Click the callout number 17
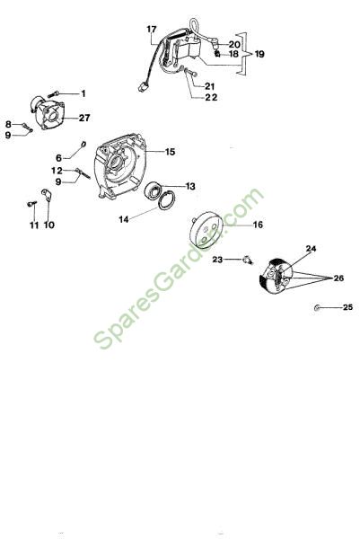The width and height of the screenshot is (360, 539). coord(152,30)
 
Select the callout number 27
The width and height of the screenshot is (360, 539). coord(84,118)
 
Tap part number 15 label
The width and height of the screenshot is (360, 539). coord(170,152)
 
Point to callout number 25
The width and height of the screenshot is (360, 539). coord(348,307)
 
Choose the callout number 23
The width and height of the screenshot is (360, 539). coord(217,260)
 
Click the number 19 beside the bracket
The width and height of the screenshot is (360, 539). coord(259,54)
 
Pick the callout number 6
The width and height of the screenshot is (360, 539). coord(58,158)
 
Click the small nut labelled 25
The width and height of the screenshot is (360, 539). coord(317,307)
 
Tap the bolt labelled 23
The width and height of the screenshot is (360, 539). coord(248,260)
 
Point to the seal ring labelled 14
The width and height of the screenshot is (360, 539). coord(167,200)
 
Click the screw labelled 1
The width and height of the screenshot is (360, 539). coord(54,93)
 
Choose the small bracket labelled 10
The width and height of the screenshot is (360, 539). coord(47,195)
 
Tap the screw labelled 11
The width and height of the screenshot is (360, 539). coord(32,204)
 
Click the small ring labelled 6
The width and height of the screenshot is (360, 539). coord(83,144)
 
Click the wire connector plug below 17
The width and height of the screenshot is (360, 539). coord(142,88)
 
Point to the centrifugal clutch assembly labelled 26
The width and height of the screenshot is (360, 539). coord(276,276)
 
